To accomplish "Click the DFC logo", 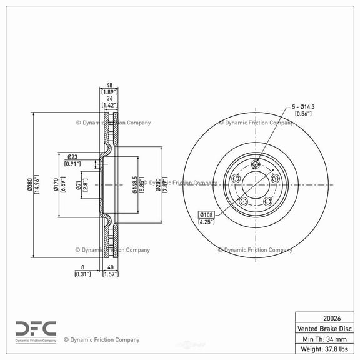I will [x=36, y=329].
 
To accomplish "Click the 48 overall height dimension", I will [x=109, y=86].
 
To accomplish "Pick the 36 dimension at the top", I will [x=109, y=98].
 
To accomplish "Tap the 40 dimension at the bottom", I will [x=109, y=266].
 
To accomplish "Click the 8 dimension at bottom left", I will [x=82, y=266].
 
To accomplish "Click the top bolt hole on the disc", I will [x=255, y=165].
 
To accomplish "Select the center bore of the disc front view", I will [x=255, y=184].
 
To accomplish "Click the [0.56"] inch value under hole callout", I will [x=304, y=114].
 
